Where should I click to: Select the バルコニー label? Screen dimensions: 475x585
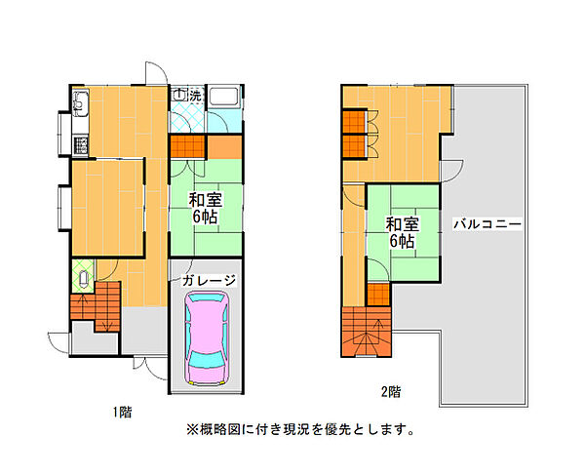487,223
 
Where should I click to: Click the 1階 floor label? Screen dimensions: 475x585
122,412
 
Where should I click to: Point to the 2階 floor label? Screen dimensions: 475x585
390,392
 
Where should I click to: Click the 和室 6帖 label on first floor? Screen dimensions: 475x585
206,208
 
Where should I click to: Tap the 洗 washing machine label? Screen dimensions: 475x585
195,96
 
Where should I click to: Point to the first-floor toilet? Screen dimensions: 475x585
83,279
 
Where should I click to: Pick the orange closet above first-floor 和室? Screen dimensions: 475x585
187,147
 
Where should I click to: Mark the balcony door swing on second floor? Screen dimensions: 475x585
449,172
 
